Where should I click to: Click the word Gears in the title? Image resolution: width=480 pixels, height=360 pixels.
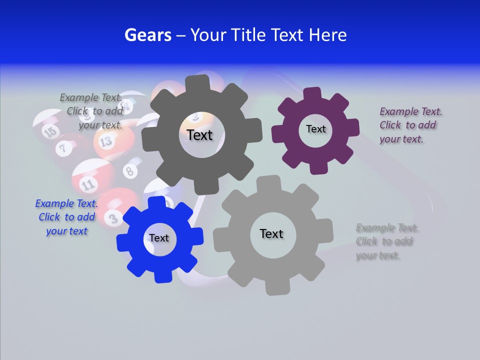tap(147, 35)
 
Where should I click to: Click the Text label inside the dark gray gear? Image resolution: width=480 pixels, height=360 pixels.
tap(199, 135)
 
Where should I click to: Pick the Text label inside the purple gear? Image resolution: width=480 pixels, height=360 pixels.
tap(315, 129)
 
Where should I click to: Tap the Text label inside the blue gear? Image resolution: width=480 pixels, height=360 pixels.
tap(159, 238)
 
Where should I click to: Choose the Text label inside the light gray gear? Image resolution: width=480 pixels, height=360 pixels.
tap(271, 233)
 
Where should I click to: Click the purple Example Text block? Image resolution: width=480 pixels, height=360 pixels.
tap(410, 125)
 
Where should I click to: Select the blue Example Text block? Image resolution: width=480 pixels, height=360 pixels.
tap(66, 217)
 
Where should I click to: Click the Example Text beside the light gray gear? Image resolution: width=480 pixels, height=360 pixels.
tap(387, 241)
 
